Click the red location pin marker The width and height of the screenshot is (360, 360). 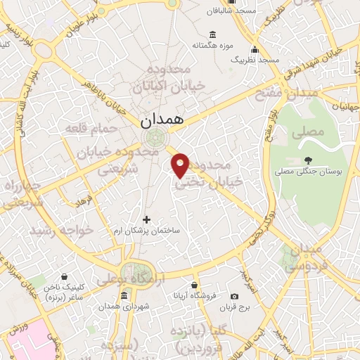point(181,165)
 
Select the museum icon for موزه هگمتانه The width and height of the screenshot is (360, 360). point(213,35)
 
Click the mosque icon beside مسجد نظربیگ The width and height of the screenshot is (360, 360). point(255,49)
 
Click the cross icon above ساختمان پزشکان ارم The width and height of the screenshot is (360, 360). point(146,219)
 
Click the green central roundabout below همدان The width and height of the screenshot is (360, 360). point(157,138)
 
